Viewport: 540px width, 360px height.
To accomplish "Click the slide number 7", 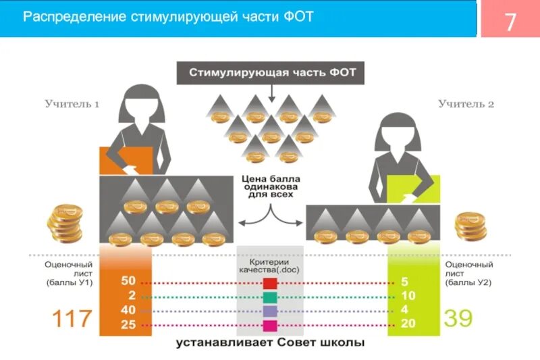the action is [510, 22].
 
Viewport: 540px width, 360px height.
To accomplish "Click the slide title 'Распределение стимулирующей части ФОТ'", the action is [168, 17].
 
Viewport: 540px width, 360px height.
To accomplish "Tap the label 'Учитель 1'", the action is [72, 105].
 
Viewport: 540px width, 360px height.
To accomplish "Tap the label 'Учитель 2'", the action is [466, 105].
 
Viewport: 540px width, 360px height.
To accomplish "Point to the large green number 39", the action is [458, 318].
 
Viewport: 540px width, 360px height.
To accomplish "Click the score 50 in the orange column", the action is [128, 280].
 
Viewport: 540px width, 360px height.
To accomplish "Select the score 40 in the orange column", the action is [128, 311].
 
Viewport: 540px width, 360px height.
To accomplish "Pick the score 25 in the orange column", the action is [128, 326].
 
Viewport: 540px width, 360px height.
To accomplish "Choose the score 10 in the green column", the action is [408, 296].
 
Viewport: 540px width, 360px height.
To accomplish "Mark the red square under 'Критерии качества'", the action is [270, 283].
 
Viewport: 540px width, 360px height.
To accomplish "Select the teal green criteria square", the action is [270, 297].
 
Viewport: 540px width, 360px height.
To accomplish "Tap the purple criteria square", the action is [270, 311].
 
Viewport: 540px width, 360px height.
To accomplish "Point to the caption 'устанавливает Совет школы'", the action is [270, 343].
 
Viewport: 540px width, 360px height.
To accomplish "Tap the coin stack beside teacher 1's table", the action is [65, 223].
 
